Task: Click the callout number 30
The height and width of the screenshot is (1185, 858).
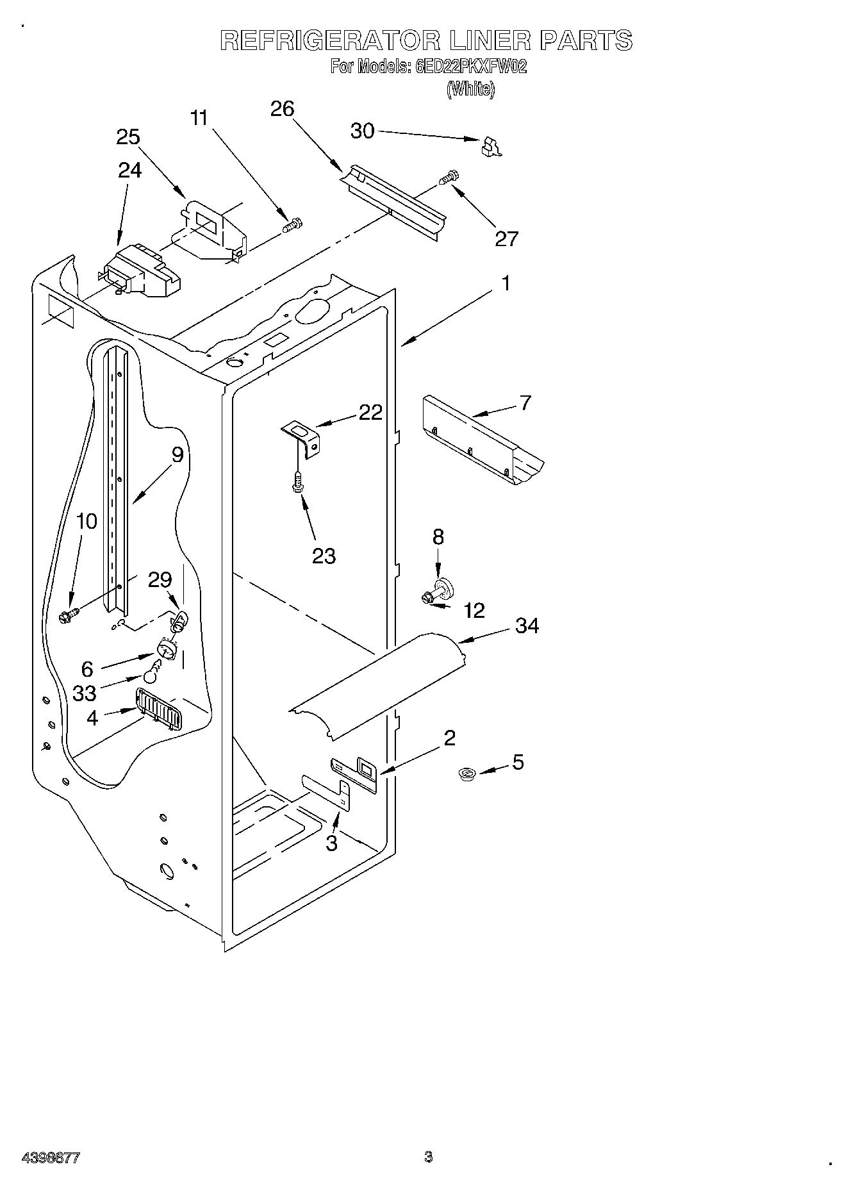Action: [x=362, y=131]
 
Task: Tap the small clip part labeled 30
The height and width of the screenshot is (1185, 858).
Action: [x=491, y=147]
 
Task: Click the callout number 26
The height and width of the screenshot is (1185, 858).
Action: [x=282, y=109]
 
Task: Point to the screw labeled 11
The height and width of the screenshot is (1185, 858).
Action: [x=293, y=226]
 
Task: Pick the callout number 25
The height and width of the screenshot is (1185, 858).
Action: [x=128, y=137]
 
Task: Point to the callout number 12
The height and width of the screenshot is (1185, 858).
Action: [x=474, y=610]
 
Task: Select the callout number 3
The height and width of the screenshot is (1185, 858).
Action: [x=331, y=843]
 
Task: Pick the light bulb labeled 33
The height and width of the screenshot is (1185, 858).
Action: [x=151, y=674]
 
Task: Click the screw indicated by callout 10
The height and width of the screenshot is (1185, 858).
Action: [x=67, y=616]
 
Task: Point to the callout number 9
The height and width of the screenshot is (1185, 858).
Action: [x=177, y=455]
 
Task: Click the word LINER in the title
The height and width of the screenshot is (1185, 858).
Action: [x=490, y=41]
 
